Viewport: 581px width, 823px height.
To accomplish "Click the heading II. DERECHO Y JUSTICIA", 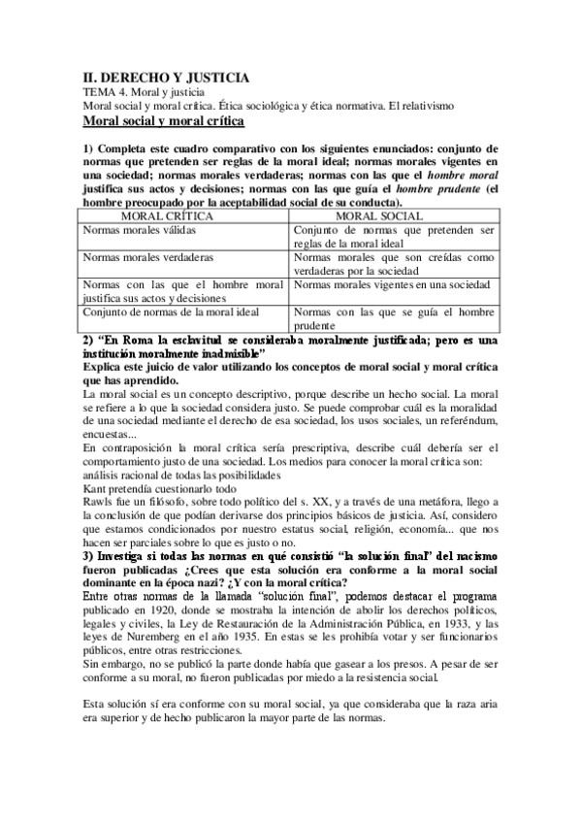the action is click(x=165, y=77).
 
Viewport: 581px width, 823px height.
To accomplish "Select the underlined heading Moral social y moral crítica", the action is click(x=163, y=120).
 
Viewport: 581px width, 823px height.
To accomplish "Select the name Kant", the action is click(x=95, y=490).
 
